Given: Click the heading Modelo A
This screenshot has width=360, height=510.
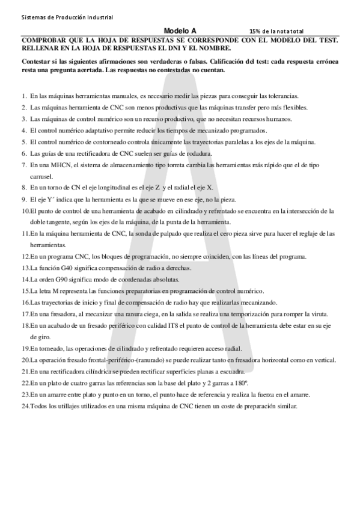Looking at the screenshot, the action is tap(180, 30).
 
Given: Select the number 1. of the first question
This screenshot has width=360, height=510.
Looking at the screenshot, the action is tap(23, 96).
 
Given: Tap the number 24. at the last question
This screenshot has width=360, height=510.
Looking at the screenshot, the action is tap(25, 406).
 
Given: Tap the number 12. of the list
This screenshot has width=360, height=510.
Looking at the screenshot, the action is tap(25, 256).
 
